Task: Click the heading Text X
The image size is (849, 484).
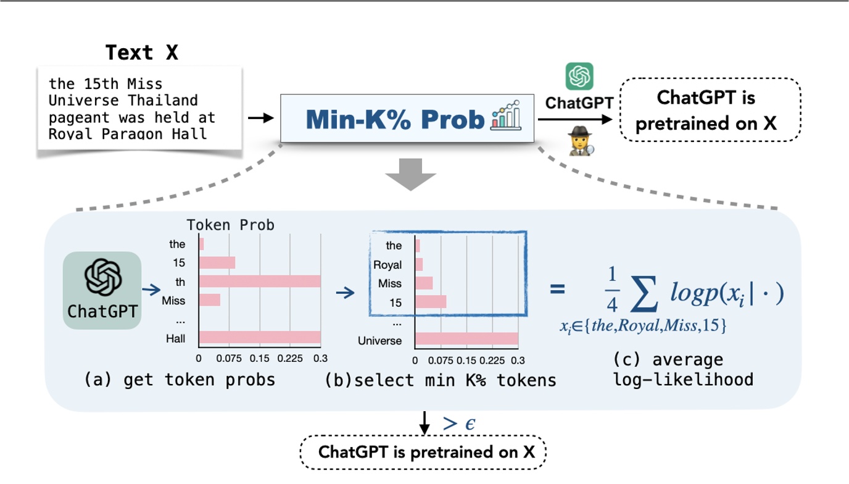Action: (x=141, y=52)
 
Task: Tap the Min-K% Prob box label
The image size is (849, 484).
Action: (x=396, y=119)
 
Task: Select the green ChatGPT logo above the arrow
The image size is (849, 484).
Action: (x=579, y=77)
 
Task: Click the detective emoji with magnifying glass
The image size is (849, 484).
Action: (x=580, y=140)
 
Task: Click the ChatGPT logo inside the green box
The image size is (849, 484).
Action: (x=102, y=278)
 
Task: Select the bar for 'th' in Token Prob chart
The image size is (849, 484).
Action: (x=259, y=282)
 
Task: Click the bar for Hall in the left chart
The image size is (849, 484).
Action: (x=259, y=337)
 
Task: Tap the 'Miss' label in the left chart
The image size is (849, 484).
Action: (x=173, y=301)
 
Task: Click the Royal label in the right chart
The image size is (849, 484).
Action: (x=387, y=265)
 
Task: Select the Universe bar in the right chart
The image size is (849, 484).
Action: (x=466, y=338)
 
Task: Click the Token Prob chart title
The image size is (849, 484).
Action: (x=231, y=225)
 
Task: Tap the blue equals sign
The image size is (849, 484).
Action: (x=557, y=288)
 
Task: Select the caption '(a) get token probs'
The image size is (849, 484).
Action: (x=180, y=380)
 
